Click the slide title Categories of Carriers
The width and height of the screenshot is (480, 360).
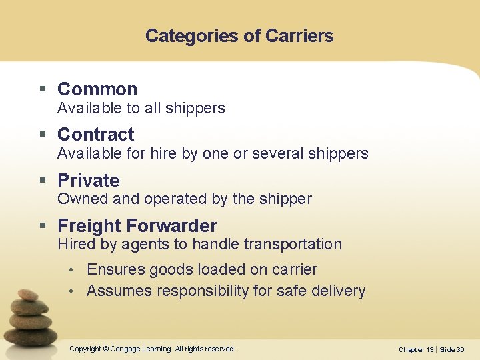[x=239, y=35]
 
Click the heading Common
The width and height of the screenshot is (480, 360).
[x=97, y=89]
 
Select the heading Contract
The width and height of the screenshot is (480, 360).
[x=96, y=134]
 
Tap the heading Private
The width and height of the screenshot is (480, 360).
[x=89, y=180]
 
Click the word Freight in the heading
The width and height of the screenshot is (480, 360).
[x=87, y=225]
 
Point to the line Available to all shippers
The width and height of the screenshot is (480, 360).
[x=141, y=108]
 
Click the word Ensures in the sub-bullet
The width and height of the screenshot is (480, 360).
[x=116, y=269]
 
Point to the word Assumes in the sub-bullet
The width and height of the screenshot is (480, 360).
[x=117, y=291]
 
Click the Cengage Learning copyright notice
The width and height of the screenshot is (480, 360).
[x=153, y=349]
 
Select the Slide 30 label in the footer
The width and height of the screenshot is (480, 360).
[x=452, y=349]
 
